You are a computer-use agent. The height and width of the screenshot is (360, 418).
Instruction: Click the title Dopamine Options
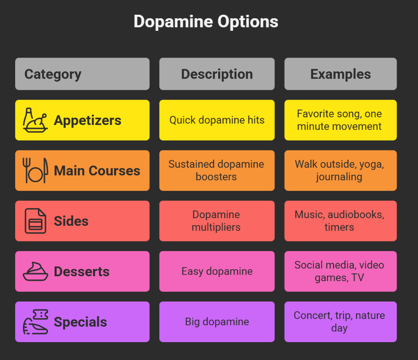pyautogui.click(x=206, y=22)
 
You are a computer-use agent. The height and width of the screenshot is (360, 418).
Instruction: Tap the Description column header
pyautogui.click(x=217, y=74)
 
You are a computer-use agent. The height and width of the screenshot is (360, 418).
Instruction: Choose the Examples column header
pyautogui.click(x=340, y=74)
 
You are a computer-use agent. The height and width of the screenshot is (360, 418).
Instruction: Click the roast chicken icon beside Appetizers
pyautogui.click(x=35, y=120)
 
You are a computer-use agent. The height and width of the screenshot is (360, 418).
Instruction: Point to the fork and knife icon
pyautogui.click(x=35, y=170)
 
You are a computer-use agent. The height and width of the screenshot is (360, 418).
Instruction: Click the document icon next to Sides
pyautogui.click(x=35, y=221)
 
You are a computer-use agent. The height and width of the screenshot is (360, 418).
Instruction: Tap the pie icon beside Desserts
pyautogui.click(x=35, y=271)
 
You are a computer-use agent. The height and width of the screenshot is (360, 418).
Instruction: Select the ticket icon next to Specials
pyautogui.click(x=35, y=321)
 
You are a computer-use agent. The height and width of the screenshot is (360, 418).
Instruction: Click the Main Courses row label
pyautogui.click(x=97, y=170)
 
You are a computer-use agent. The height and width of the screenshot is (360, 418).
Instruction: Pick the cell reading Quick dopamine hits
pyautogui.click(x=217, y=120)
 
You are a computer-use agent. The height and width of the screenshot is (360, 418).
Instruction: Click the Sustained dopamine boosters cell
pyautogui.click(x=217, y=170)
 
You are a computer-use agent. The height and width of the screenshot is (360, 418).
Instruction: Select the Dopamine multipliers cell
pyautogui.click(x=217, y=221)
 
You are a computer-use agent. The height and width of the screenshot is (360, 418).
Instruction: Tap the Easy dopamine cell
pyautogui.click(x=217, y=271)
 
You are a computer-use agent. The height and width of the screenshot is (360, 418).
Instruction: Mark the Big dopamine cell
pyautogui.click(x=217, y=322)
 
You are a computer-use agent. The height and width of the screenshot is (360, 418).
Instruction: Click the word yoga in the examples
pyautogui.click(x=371, y=164)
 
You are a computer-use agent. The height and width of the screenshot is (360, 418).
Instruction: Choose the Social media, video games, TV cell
pyautogui.click(x=340, y=271)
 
